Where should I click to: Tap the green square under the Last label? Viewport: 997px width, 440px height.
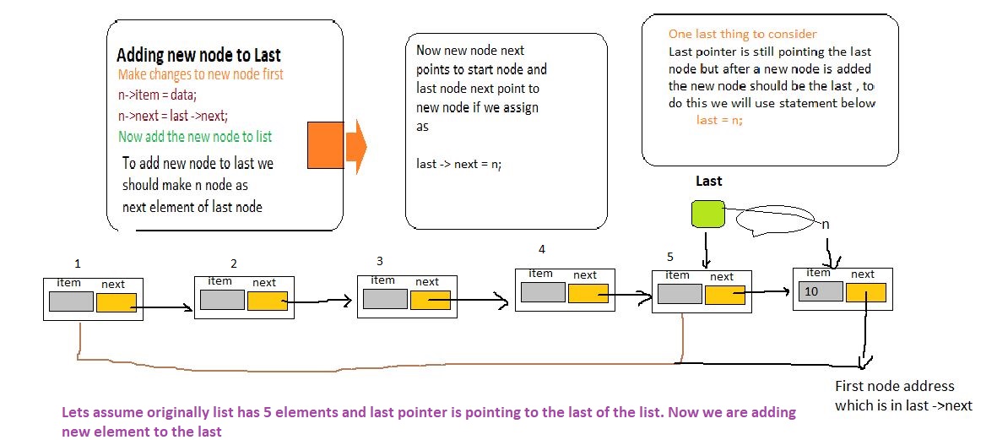707,215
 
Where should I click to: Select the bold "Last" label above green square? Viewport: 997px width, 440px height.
708,181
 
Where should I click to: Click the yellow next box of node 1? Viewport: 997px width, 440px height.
116,302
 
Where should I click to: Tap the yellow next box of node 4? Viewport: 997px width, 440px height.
588,293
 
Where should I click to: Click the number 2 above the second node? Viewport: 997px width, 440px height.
234,263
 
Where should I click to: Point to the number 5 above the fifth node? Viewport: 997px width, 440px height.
669,257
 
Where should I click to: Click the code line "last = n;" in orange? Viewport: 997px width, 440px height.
719,120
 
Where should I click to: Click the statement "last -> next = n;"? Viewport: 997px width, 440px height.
459,164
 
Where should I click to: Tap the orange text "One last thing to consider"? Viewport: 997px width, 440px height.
742,34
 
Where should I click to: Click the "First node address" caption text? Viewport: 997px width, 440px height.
894,386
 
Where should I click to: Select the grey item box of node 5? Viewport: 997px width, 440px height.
679,294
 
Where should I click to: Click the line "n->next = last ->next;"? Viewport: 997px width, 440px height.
173,116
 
